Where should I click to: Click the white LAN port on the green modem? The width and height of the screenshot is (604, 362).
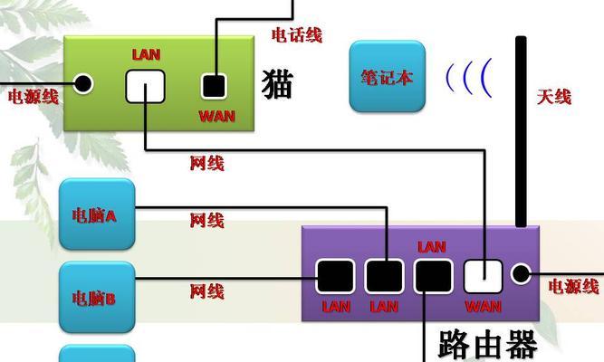click(145, 86)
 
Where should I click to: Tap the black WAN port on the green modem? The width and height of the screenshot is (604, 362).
click(214, 86)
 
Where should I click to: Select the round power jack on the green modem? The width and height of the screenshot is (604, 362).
click(82, 83)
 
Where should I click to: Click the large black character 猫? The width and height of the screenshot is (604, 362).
click(277, 84)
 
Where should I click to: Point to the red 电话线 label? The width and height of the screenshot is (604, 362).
click(297, 35)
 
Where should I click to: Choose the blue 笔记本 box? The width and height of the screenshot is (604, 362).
click(388, 76)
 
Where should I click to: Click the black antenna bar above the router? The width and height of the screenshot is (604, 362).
click(521, 131)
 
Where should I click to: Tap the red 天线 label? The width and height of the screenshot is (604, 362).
click(554, 96)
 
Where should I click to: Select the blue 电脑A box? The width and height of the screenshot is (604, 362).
click(97, 214)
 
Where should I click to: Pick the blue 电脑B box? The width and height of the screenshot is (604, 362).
click(97, 297)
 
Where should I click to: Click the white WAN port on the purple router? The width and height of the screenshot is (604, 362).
click(483, 276)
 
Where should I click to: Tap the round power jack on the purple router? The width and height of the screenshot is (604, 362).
click(521, 274)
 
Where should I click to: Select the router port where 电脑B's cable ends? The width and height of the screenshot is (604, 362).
click(335, 276)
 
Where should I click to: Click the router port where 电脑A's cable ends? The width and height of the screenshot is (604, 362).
click(384, 276)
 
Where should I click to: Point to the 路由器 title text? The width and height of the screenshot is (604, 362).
click(488, 344)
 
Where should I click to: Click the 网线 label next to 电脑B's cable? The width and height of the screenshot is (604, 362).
click(206, 291)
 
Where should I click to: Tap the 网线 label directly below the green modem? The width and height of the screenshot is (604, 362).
click(206, 163)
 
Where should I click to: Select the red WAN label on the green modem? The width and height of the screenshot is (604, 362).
click(216, 117)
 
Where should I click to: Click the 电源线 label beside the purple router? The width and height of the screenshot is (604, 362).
click(573, 287)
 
